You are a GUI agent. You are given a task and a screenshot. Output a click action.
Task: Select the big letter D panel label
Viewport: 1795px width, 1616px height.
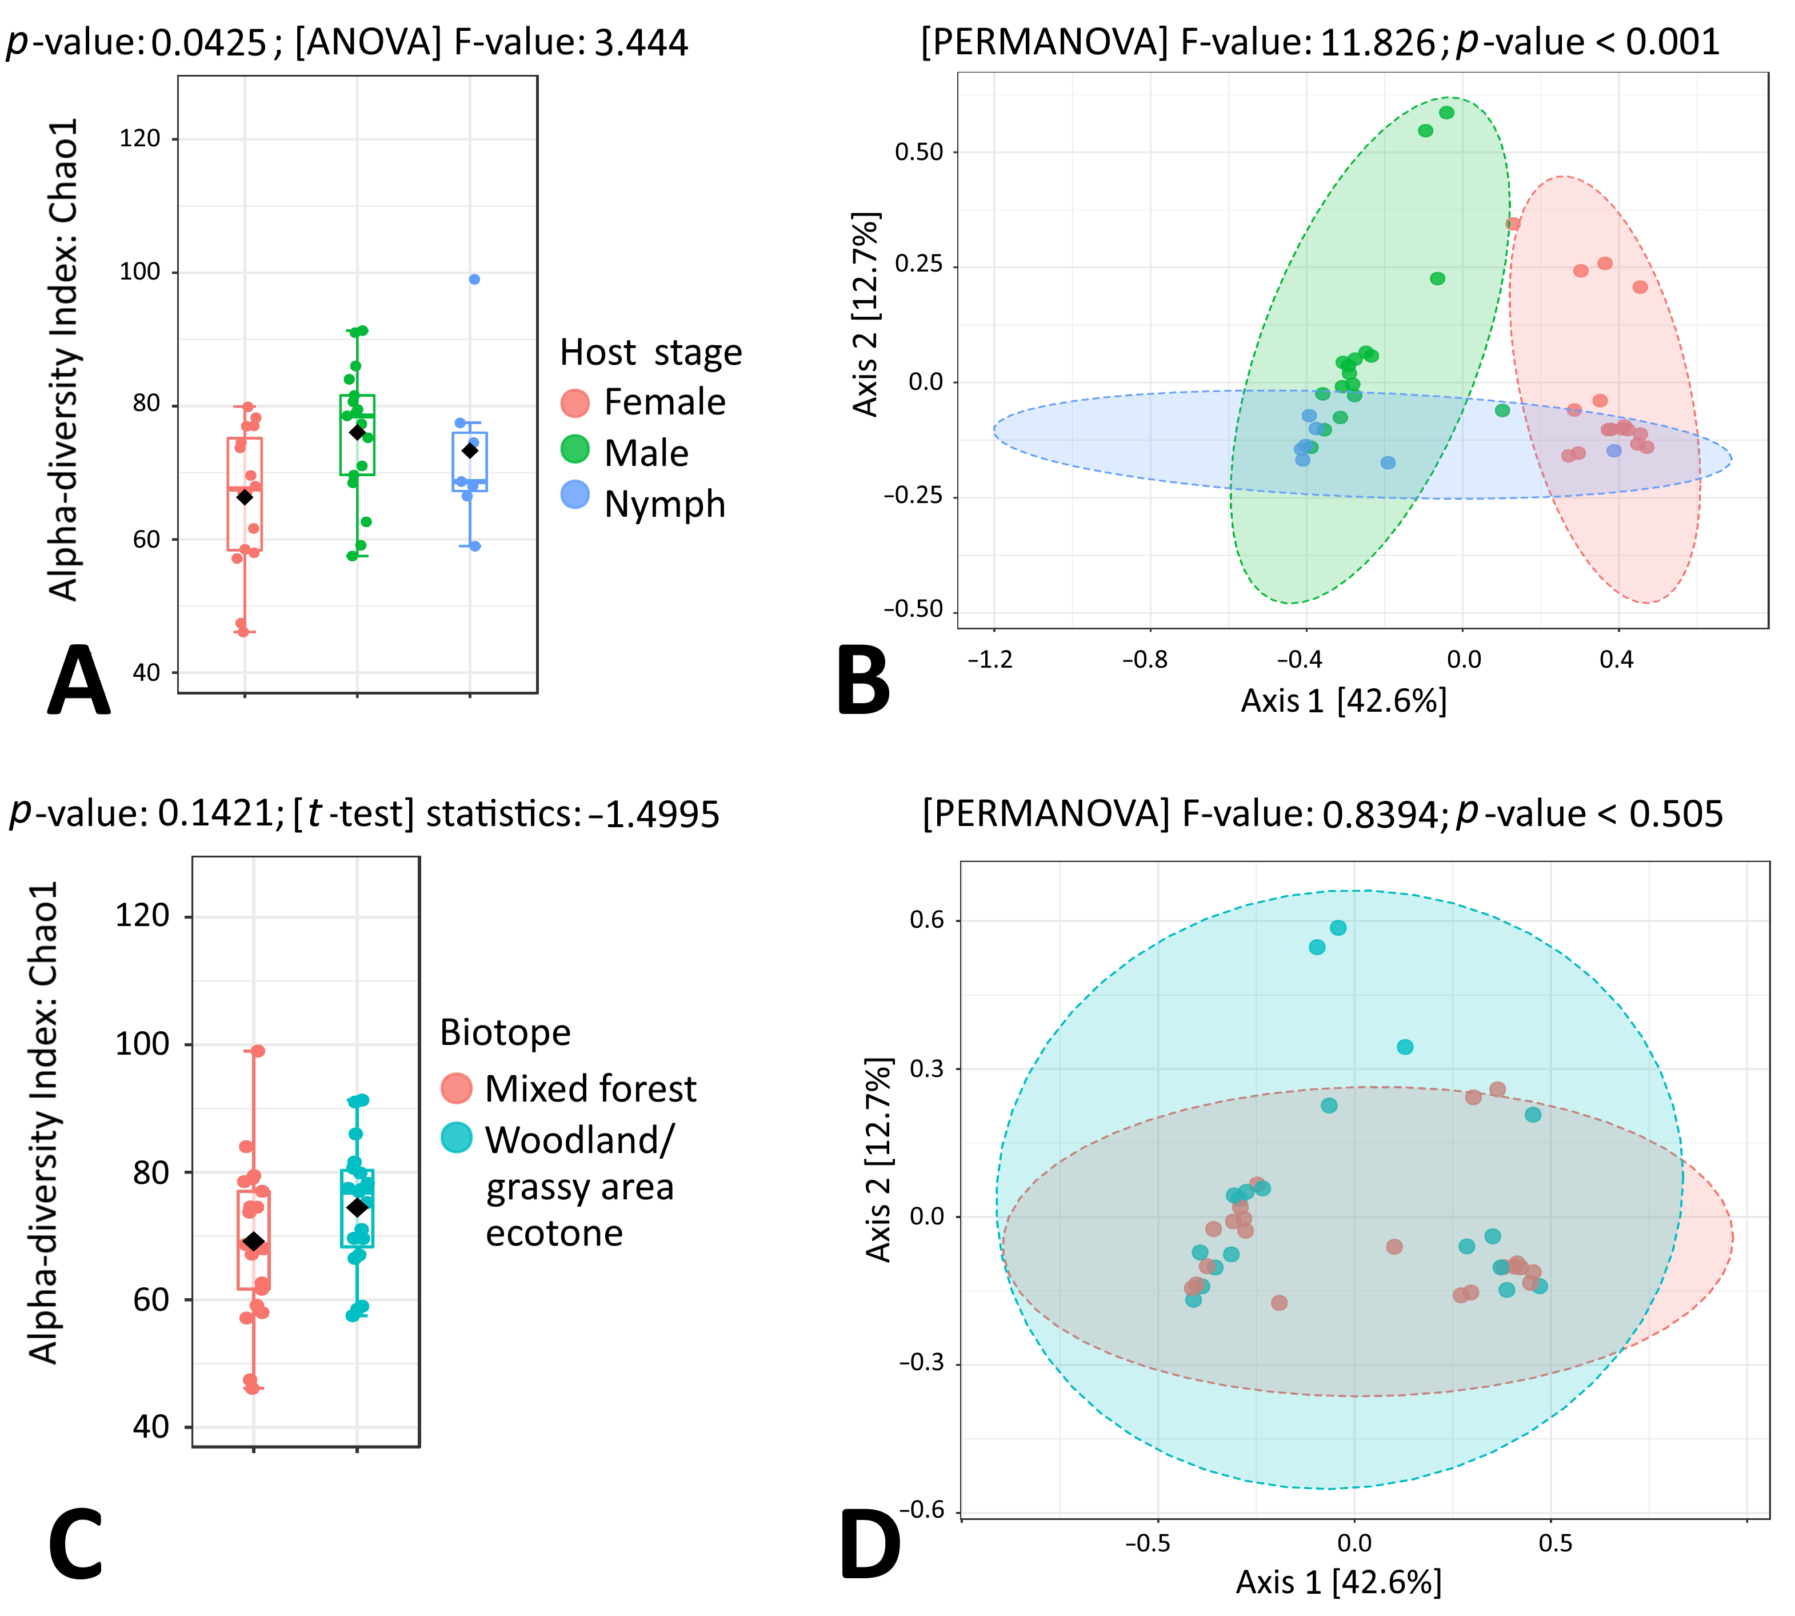click(869, 1546)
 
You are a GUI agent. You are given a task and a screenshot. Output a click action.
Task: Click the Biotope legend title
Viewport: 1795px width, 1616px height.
click(505, 1032)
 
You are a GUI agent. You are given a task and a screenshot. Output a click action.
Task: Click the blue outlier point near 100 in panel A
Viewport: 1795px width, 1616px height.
click(475, 279)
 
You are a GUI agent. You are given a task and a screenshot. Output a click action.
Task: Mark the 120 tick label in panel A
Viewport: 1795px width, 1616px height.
click(140, 138)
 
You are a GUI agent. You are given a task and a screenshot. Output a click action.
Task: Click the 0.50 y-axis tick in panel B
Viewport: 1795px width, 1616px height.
click(919, 152)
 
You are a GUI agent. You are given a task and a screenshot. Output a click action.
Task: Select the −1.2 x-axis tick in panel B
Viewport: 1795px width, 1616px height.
click(990, 660)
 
